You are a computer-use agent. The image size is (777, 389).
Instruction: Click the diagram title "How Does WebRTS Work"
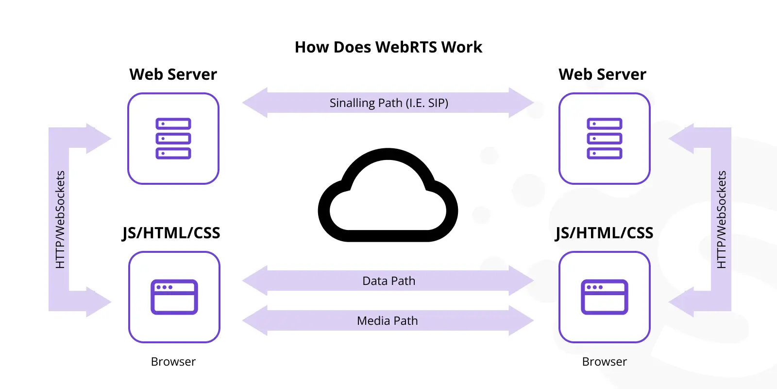[388, 47]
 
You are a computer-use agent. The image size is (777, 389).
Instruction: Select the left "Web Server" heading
[173, 74]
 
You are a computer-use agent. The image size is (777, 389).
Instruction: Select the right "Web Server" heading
[602, 74]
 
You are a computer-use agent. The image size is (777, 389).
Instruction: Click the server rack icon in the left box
[173, 139]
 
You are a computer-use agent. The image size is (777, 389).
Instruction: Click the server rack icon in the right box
[604, 139]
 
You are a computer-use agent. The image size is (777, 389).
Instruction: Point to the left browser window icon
[174, 297]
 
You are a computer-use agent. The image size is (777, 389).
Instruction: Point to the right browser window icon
[604, 297]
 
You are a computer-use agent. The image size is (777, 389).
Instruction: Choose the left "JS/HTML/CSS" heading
[171, 233]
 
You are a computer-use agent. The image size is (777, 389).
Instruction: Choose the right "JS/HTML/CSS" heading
[604, 233]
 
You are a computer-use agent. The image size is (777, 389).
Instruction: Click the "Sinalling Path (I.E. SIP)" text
[389, 103]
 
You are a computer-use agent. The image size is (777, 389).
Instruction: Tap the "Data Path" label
[389, 281]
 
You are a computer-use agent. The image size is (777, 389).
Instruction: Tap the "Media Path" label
[388, 320]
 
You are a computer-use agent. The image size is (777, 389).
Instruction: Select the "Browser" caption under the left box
[173, 362]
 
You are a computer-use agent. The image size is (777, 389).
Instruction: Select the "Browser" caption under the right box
[604, 362]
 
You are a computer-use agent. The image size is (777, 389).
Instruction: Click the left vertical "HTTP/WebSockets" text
[60, 219]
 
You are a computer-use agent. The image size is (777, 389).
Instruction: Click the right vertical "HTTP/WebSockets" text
[722, 219]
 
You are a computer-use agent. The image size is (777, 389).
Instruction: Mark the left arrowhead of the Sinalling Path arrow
[255, 103]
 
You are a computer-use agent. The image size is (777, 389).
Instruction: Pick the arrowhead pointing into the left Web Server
[99, 139]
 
